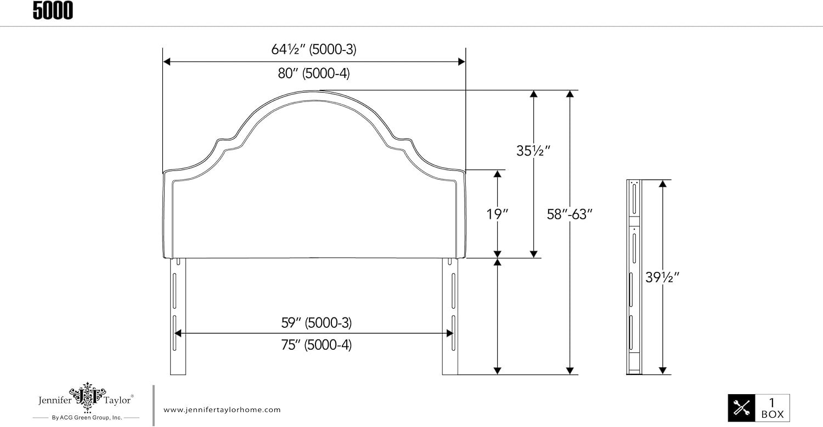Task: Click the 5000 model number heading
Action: tap(53, 10)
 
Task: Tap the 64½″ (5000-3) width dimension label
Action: tap(314, 49)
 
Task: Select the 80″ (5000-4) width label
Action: tap(314, 73)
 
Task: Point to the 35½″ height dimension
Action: tap(533, 151)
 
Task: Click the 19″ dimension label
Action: tap(497, 214)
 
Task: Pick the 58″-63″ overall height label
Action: tap(570, 214)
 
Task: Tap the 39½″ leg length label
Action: tap(662, 277)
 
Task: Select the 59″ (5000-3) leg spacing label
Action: tap(317, 323)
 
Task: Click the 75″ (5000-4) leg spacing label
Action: tap(317, 345)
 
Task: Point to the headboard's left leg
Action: tap(178, 316)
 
